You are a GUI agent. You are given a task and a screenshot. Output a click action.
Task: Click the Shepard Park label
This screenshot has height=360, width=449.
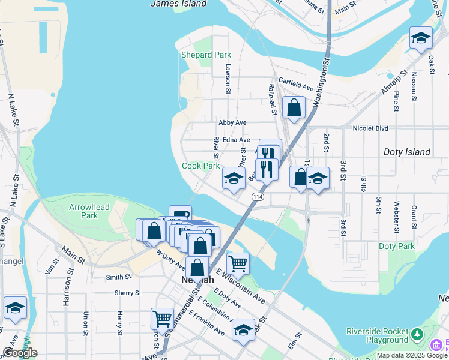click(x=206, y=55)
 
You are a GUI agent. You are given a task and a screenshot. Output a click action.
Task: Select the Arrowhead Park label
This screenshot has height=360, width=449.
click(x=89, y=211)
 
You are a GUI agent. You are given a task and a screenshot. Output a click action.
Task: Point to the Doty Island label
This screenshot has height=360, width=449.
click(x=407, y=152)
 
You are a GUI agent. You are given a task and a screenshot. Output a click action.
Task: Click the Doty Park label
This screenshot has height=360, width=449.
click(x=397, y=246)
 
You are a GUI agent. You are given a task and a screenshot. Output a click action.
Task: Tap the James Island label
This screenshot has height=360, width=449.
click(x=178, y=4)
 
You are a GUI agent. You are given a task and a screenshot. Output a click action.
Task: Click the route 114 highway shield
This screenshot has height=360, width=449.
click(x=258, y=197)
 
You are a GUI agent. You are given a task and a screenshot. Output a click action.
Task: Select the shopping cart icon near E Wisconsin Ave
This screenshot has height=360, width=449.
click(x=238, y=263)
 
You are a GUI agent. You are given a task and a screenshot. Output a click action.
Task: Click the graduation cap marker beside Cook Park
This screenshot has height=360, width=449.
click(x=234, y=178)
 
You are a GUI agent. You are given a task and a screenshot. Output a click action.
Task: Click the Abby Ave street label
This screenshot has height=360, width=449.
click(x=232, y=122)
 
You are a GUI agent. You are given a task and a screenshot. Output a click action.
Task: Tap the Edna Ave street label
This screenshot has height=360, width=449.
click(x=236, y=140)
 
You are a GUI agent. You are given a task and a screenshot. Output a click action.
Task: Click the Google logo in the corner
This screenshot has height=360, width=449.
click(x=19, y=353)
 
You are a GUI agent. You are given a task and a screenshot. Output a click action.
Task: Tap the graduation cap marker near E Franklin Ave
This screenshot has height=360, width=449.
click(x=243, y=329)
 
